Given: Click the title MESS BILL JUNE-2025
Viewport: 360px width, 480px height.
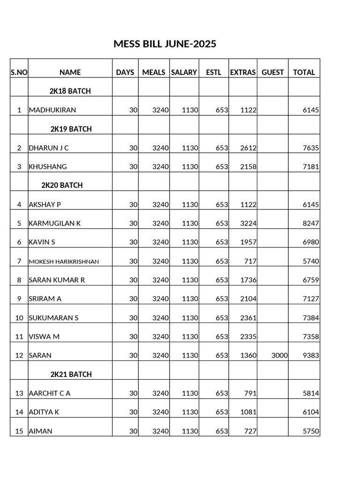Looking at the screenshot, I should [165, 44].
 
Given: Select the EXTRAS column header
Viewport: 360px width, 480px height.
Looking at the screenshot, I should [243, 72].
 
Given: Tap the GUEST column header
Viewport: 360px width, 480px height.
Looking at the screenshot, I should [273, 72].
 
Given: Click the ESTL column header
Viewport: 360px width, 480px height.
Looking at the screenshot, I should [214, 72].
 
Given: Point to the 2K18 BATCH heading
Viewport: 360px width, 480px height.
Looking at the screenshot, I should [70, 91].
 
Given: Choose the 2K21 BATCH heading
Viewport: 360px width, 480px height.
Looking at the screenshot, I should [71, 375].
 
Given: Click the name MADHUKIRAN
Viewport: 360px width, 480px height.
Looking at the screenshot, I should [52, 110].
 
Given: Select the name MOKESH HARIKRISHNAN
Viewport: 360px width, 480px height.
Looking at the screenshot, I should [64, 262].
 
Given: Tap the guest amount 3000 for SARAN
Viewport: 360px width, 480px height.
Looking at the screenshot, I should [279, 355].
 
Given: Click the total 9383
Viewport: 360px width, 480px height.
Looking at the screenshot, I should [311, 355].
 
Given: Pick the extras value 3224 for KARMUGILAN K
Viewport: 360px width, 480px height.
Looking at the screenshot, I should [248, 223].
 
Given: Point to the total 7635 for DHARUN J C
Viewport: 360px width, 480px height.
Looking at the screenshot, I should [311, 148].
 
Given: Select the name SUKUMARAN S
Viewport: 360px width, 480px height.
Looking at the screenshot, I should [53, 318].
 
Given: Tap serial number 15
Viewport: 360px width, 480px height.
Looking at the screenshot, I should [19, 431].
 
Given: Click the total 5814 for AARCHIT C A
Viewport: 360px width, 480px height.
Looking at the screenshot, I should [311, 393].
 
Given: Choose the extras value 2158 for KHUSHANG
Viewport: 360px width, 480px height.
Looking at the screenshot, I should [248, 166].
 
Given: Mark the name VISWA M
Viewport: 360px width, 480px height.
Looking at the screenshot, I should [44, 337].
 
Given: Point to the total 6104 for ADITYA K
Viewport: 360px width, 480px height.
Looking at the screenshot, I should [311, 412].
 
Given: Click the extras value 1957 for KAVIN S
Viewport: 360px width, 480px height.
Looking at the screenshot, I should [248, 242].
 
